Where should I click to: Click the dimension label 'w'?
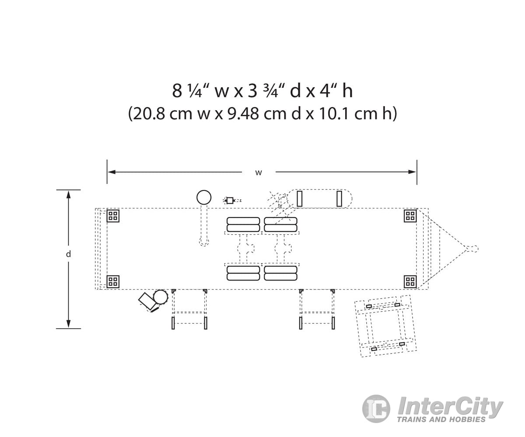point(259,173)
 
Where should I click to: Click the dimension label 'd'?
point(68,254)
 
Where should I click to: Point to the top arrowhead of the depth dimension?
point(68,194)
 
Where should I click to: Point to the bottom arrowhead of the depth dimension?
point(68,324)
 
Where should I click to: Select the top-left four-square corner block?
point(113,215)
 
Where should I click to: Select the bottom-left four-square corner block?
point(113,281)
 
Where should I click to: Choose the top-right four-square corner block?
point(410,215)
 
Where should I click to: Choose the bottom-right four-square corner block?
point(410,281)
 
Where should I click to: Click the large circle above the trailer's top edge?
point(204,198)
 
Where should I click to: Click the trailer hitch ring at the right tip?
point(472,249)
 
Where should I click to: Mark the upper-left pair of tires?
point(243,225)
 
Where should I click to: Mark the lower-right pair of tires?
point(280,273)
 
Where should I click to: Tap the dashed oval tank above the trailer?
point(319,198)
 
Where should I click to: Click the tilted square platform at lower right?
point(385,326)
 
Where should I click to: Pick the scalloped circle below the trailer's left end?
point(161,297)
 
